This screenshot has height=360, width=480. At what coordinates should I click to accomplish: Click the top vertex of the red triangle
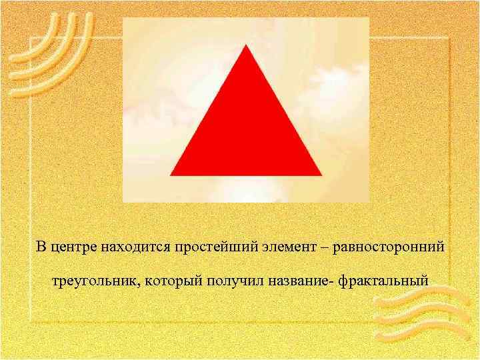(x=247, y=47)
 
